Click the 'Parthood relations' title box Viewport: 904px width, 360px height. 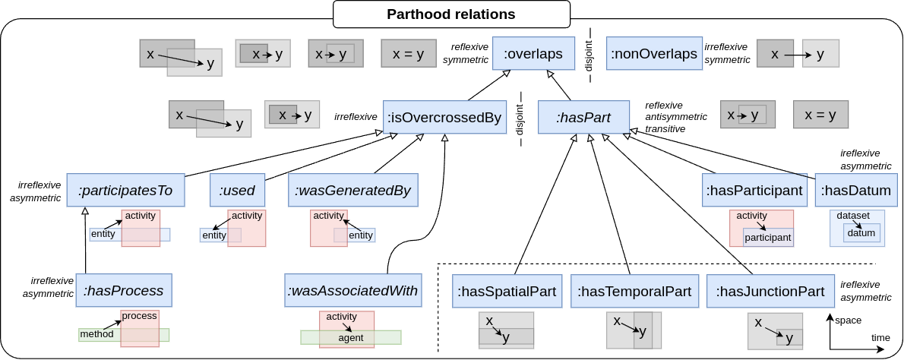(x=451, y=14)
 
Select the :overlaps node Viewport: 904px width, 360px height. (x=533, y=54)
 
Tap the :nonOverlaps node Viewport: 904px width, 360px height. (x=654, y=54)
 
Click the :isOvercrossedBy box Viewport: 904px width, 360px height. (x=444, y=118)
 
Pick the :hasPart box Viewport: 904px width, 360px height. (x=583, y=118)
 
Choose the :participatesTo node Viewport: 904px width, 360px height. (x=125, y=191)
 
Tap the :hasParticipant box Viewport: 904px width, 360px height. (x=754, y=191)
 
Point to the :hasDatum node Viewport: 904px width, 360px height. (x=856, y=191)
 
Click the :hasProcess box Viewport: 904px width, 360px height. (x=124, y=291)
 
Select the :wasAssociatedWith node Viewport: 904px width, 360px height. (x=352, y=291)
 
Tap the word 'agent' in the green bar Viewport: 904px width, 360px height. (x=350, y=338)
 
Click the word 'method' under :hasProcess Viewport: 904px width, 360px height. (x=96, y=334)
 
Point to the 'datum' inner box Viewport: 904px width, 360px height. (x=861, y=233)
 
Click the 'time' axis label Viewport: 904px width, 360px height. (x=880, y=338)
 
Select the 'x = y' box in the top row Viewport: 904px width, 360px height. (x=408, y=54)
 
